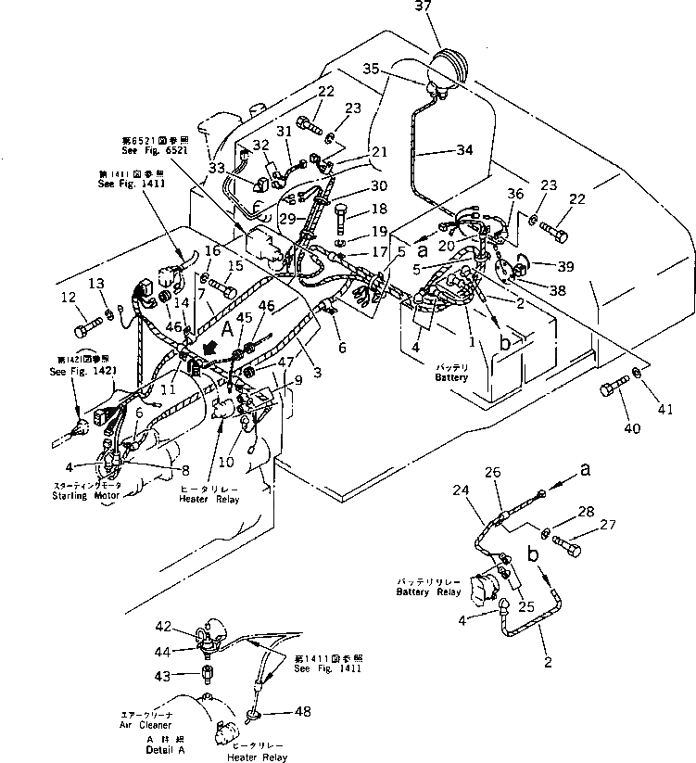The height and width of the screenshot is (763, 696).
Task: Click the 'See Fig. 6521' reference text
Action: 150,149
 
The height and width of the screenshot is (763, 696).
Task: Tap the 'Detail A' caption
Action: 165,747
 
